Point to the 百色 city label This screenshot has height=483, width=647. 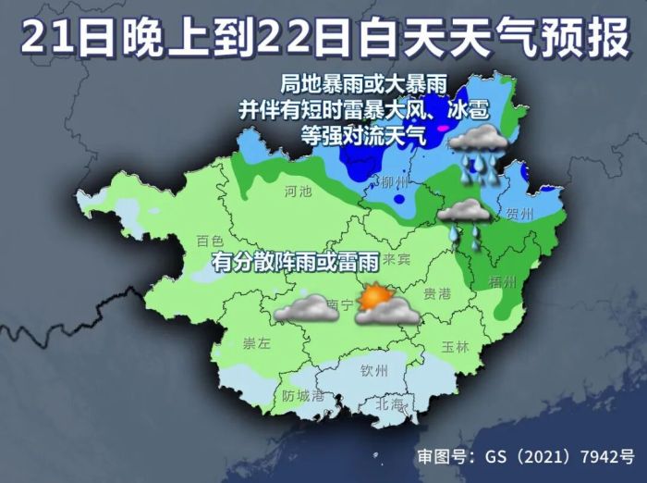point(211,241)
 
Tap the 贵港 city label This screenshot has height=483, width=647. point(436,293)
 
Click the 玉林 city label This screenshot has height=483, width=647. point(456,347)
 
